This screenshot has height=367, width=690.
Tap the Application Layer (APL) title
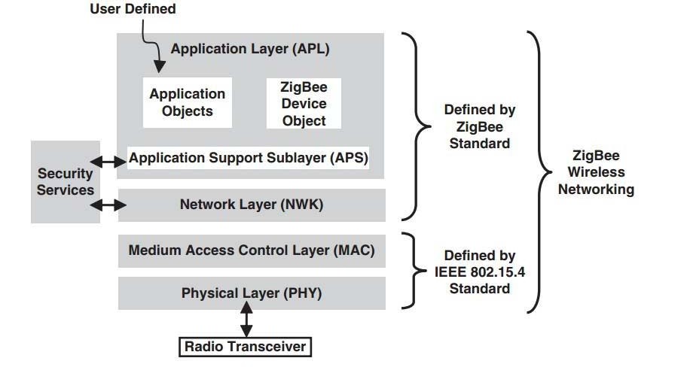tap(250, 50)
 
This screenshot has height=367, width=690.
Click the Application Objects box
tap(187, 103)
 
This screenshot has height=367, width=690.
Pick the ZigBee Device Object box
tap(304, 103)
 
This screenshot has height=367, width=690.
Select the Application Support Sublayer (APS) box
tap(248, 158)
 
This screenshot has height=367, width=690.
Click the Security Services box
tap(66, 182)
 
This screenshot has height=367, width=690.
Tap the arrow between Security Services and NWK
tap(108, 204)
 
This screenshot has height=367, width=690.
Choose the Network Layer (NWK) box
tap(252, 205)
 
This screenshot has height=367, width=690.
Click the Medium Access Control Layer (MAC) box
tap(252, 250)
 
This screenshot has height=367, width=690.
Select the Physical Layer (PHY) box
tap(252, 293)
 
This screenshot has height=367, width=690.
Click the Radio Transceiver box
tap(245, 347)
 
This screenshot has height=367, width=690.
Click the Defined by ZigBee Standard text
tap(480, 126)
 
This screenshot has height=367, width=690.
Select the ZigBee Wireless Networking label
tap(595, 173)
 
